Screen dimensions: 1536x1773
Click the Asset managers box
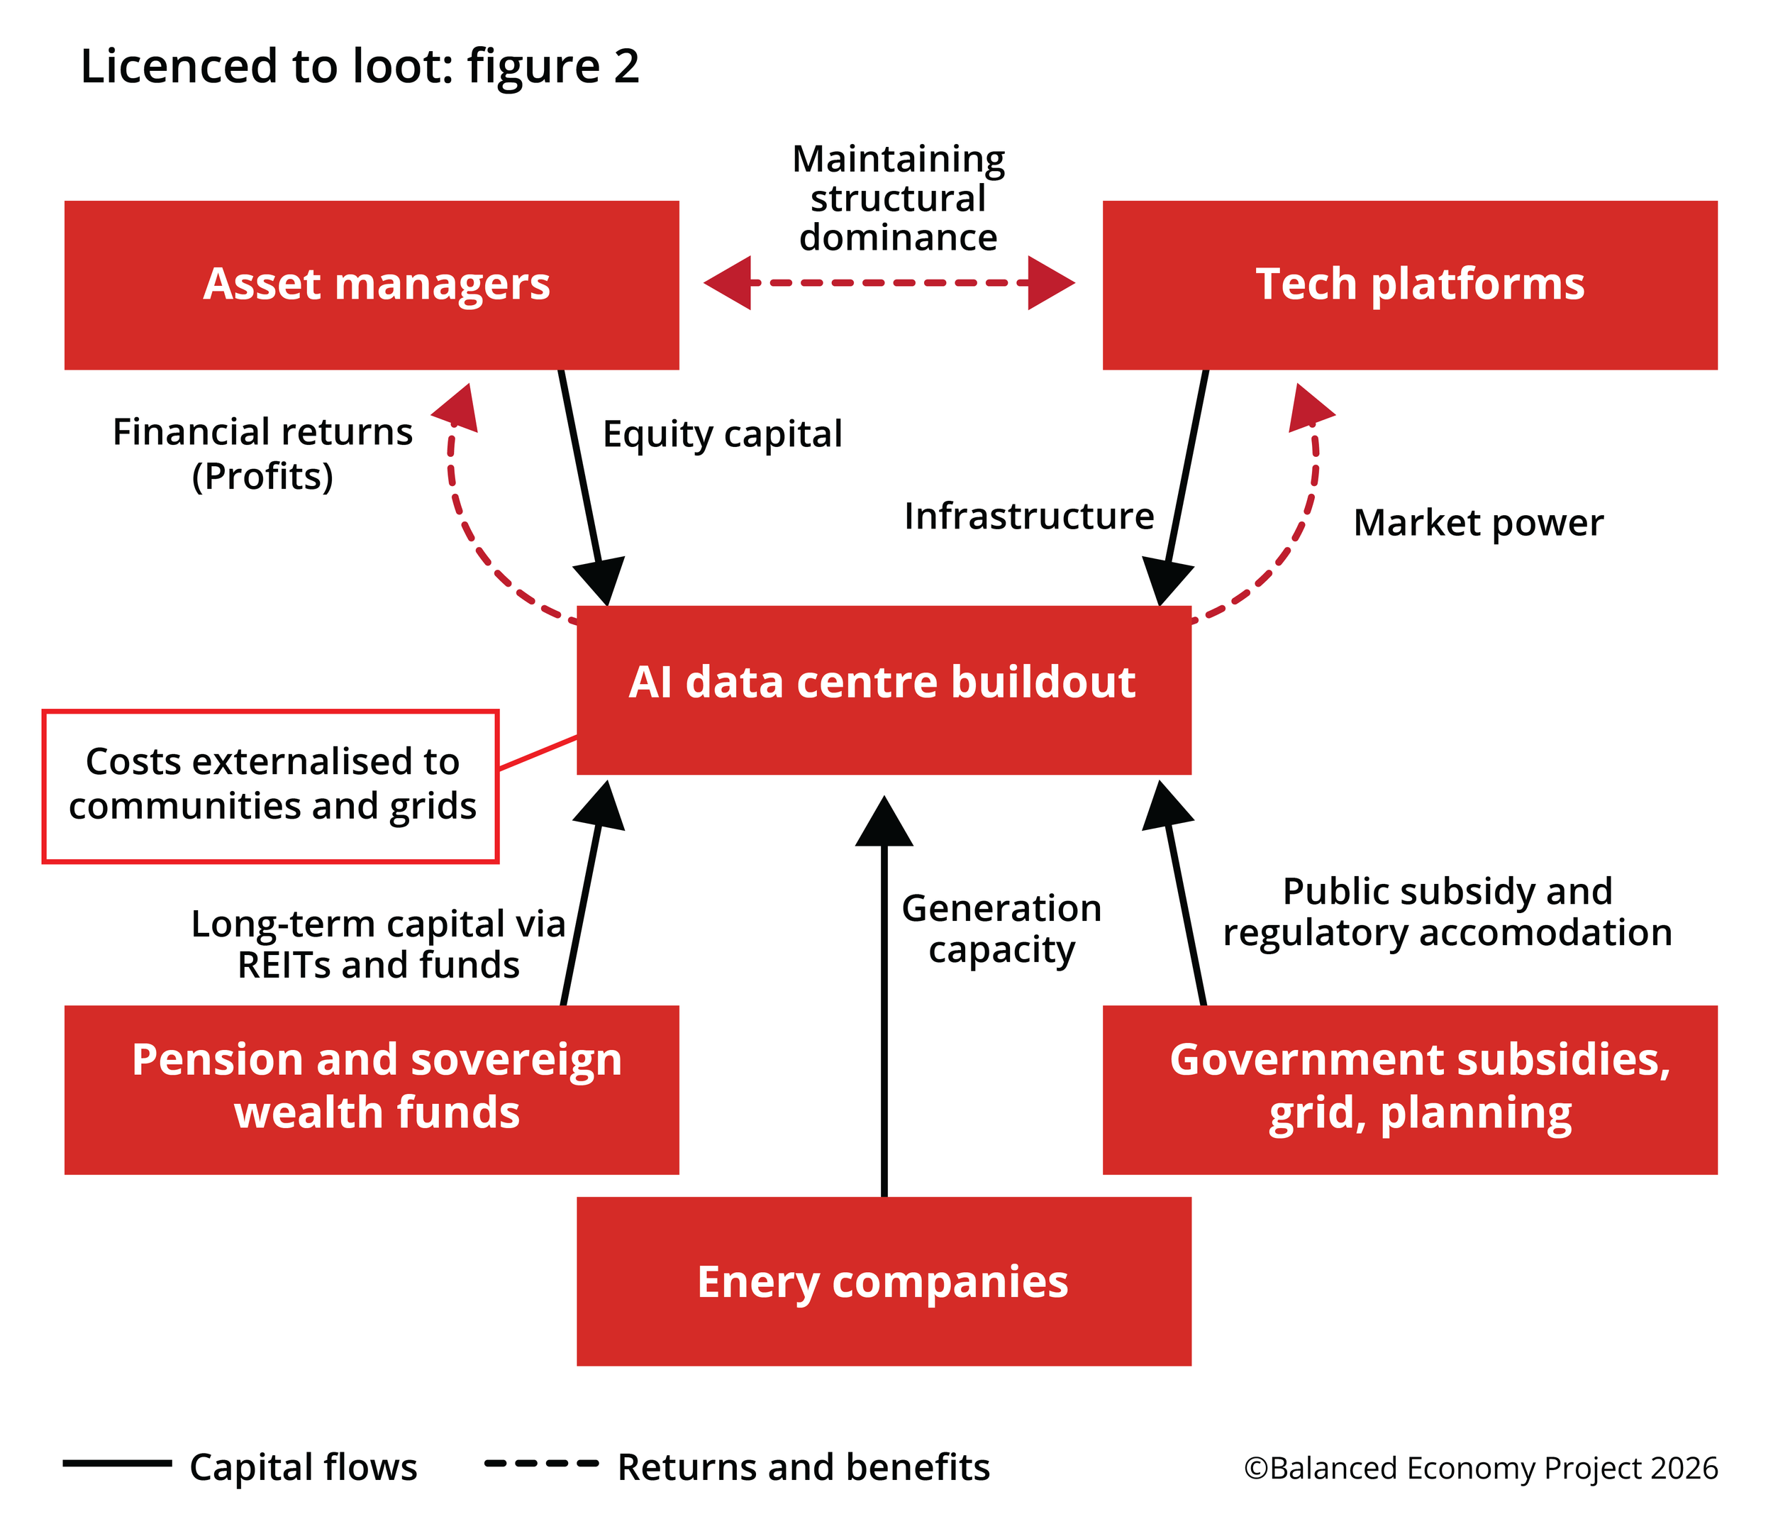pos(371,284)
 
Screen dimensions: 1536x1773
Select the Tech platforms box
pos(1410,284)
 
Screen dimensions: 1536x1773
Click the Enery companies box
pos(884,1281)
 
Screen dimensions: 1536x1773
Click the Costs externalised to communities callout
pos(271,785)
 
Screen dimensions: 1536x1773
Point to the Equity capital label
pos(723,433)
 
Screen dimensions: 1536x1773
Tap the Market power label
pos(1477,523)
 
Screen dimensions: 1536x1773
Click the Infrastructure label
pos(1028,516)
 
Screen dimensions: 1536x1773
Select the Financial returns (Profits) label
pos(262,454)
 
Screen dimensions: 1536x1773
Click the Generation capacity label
pos(1001,928)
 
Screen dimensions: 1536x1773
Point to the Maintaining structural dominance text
pos(898,198)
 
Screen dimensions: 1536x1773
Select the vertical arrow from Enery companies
pos(884,1012)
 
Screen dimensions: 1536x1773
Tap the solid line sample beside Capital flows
pos(118,1463)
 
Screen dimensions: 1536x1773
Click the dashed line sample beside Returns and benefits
pos(540,1463)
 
